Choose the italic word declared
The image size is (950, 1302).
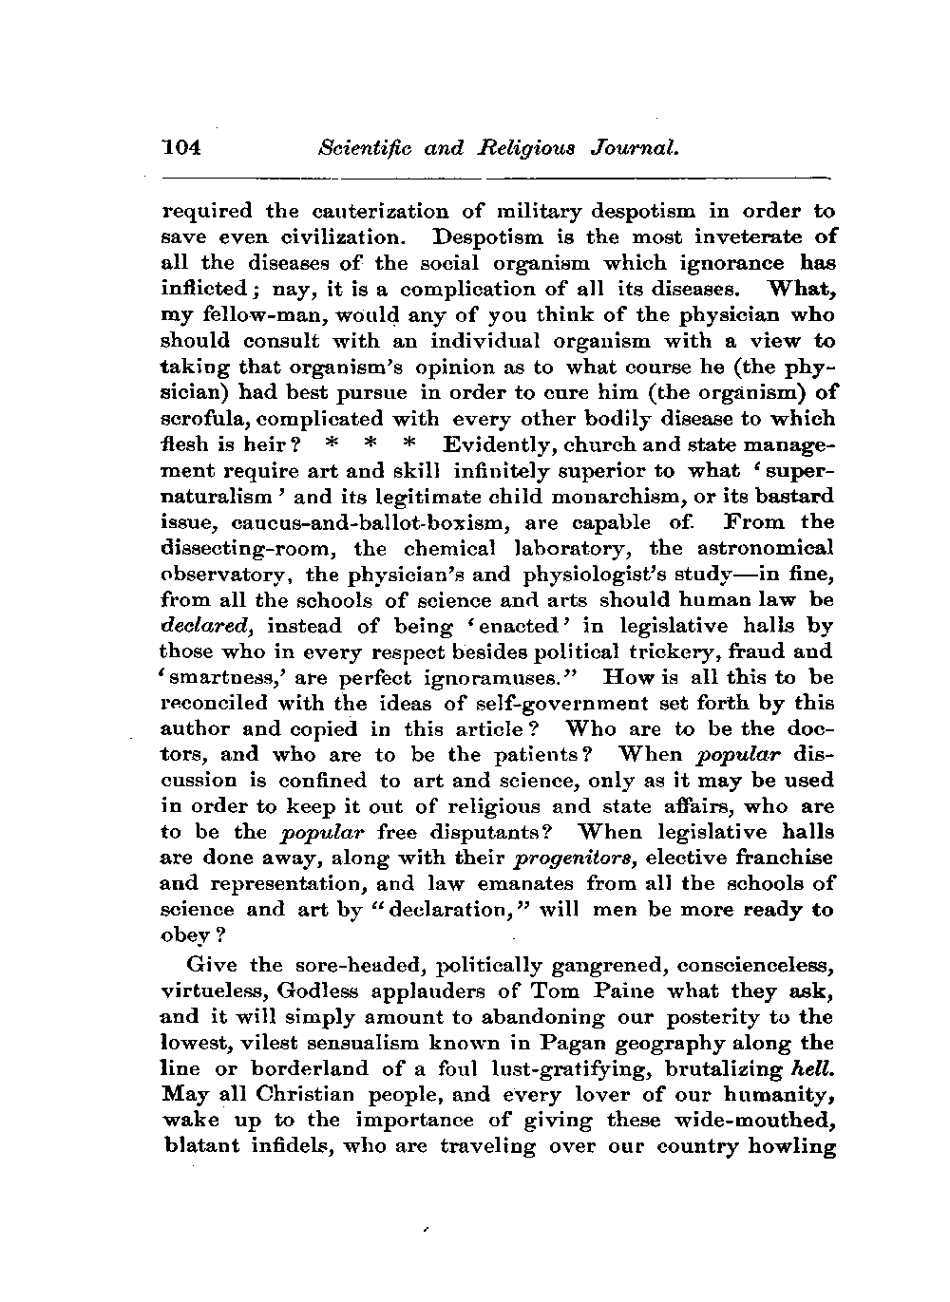click(208, 626)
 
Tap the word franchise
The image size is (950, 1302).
click(780, 858)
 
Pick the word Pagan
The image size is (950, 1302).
click(565, 1043)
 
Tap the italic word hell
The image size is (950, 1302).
click(813, 1068)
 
